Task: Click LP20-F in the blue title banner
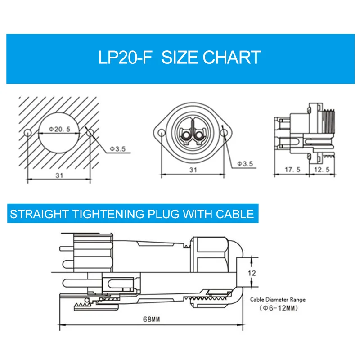click(x=125, y=58)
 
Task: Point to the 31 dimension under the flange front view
click(x=193, y=170)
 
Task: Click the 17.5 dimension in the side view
click(x=292, y=170)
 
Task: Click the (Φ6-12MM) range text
click(x=277, y=309)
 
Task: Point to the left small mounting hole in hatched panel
click(x=28, y=132)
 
